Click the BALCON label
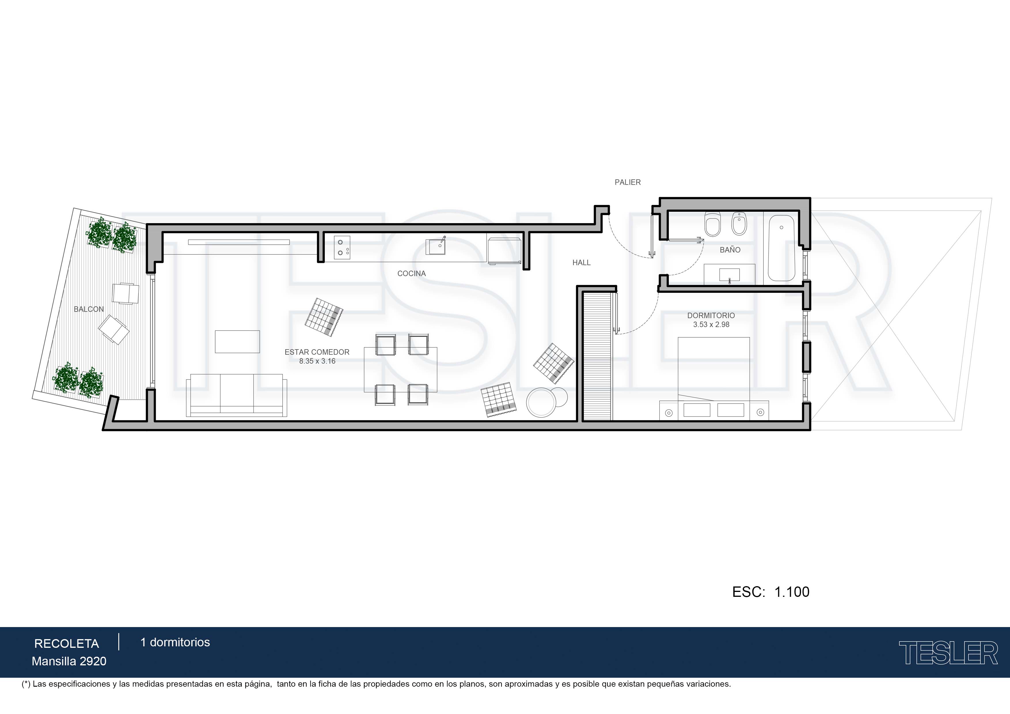point(89,309)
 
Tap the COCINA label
point(411,274)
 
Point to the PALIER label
point(628,182)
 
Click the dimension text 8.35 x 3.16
point(317,361)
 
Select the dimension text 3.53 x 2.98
point(711,325)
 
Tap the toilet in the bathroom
point(712,224)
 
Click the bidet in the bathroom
point(739,224)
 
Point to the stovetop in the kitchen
point(342,248)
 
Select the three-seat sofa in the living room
point(237,395)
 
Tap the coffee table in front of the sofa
point(237,342)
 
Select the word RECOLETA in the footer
point(67,644)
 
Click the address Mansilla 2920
point(69,661)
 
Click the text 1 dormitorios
point(175,642)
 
